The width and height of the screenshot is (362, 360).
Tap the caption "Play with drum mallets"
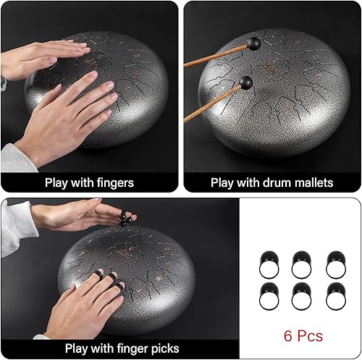[271, 183]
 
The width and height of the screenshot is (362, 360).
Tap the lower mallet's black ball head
[248, 83]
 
